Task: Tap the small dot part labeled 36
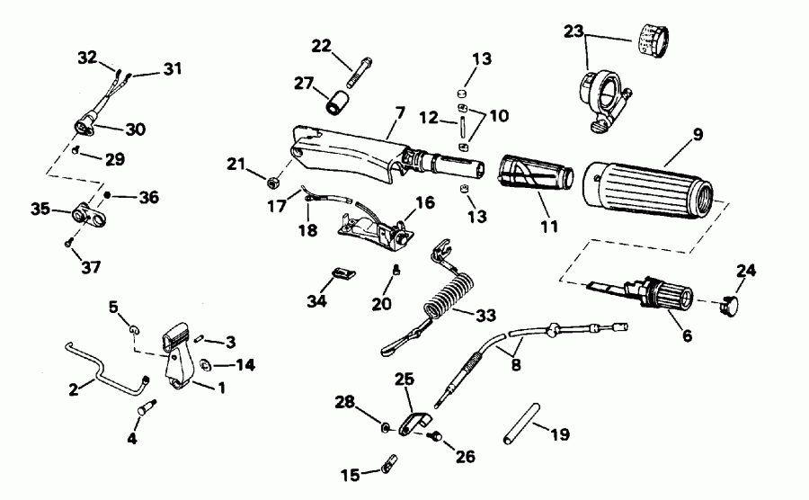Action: click(x=108, y=195)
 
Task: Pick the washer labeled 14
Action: click(x=204, y=365)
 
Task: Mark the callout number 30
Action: click(x=135, y=129)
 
